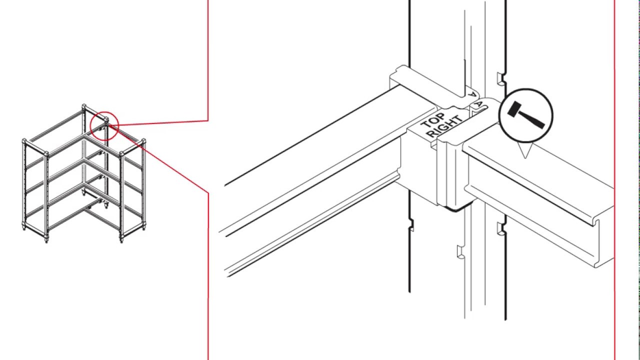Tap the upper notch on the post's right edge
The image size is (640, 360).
point(499,77)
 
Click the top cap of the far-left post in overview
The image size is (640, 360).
point(23,140)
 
